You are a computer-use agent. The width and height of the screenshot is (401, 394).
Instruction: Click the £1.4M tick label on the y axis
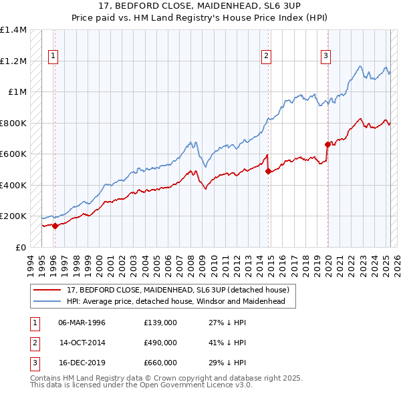pyautogui.click(x=13, y=30)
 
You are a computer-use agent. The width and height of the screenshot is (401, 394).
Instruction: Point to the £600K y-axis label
pyautogui.click(x=13, y=154)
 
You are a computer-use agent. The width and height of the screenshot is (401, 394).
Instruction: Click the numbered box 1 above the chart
pyautogui.click(x=52, y=57)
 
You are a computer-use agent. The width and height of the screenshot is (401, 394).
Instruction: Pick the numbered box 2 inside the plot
pyautogui.click(x=266, y=57)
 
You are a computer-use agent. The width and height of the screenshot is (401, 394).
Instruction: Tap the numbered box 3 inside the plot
pyautogui.click(x=325, y=57)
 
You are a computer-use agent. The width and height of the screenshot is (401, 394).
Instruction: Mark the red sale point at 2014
pyautogui.click(x=268, y=171)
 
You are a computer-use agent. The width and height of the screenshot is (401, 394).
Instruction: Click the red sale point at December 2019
pyautogui.click(x=327, y=144)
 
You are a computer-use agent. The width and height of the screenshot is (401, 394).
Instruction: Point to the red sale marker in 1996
pyautogui.click(x=55, y=226)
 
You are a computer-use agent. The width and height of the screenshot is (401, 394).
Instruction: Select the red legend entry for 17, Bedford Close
pyautogui.click(x=177, y=290)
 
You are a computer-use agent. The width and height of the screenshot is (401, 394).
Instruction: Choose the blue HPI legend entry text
pyautogui.click(x=176, y=302)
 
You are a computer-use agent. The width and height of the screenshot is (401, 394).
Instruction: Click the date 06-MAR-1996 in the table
pyautogui.click(x=82, y=323)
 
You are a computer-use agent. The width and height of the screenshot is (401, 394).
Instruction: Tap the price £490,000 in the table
pyautogui.click(x=160, y=343)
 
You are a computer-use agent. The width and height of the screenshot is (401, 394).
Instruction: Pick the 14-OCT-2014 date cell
pyautogui.click(x=82, y=343)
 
